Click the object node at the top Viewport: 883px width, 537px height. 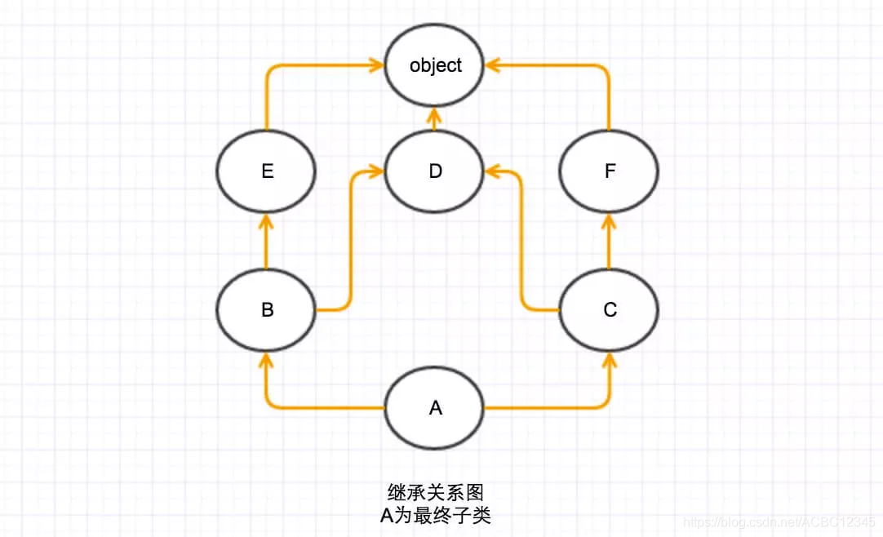[x=435, y=65]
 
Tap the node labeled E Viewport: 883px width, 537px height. [x=266, y=171]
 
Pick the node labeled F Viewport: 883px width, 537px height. [x=609, y=171]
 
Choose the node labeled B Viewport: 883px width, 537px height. [x=266, y=310]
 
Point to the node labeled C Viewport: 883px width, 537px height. [x=609, y=310]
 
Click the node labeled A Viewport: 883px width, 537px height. [x=435, y=407]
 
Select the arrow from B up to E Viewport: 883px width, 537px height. [x=266, y=241]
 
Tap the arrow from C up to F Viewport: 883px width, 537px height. [x=609, y=241]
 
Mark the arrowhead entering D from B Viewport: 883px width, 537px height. [x=377, y=171]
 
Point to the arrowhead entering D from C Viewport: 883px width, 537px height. [x=493, y=171]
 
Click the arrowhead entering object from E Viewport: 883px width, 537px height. [x=377, y=65]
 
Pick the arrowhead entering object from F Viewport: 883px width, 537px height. [x=493, y=65]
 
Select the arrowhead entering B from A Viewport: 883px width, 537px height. [x=266, y=360]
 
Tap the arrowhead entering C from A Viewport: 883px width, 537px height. [x=609, y=360]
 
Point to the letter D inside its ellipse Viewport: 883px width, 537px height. [x=435, y=172]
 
